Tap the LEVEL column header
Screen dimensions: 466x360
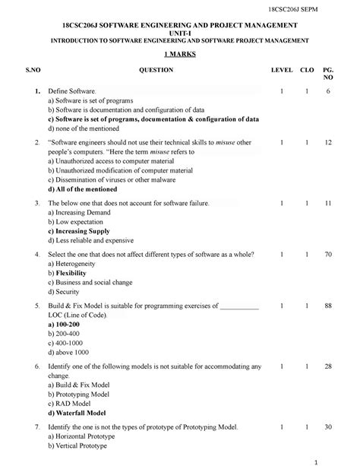(282, 70)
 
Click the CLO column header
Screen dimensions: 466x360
(307, 70)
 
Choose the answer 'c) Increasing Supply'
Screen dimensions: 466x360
(78, 231)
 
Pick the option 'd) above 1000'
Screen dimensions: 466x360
(68, 353)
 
